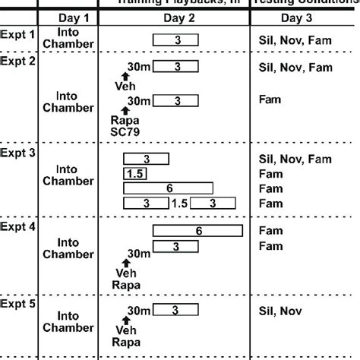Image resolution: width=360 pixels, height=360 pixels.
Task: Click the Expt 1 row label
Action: pyautogui.click(x=18, y=34)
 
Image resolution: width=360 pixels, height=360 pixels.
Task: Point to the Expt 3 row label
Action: pyautogui.click(x=18, y=153)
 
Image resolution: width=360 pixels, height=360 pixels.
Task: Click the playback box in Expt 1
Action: pyautogui.click(x=177, y=39)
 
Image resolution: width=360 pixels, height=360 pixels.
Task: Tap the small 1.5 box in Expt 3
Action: pyautogui.click(x=134, y=174)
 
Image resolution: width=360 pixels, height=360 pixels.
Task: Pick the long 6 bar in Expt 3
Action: pyautogui.click(x=169, y=188)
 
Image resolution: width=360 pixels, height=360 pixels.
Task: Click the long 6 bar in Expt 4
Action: pyautogui.click(x=198, y=231)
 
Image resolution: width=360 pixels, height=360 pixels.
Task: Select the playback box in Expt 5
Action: pyautogui.click(x=177, y=311)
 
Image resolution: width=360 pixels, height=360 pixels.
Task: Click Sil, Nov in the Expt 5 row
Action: pyautogui.click(x=280, y=311)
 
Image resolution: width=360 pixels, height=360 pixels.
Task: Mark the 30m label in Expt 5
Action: pyautogui.click(x=139, y=310)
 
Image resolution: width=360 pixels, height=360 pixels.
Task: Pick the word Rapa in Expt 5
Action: pyautogui.click(x=127, y=342)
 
